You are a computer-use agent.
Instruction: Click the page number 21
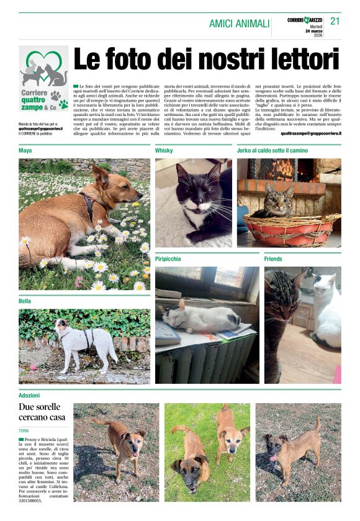point(335,22)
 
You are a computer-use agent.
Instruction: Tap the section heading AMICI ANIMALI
point(239,24)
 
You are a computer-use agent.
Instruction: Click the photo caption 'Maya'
point(25,151)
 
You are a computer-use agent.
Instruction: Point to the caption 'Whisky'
point(164,151)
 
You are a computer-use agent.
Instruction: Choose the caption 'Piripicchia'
point(168,259)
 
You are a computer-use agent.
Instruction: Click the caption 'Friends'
point(273,259)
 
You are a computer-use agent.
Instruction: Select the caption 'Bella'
point(25,301)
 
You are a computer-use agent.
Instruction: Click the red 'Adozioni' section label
point(30,395)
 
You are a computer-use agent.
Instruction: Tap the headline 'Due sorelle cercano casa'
point(42,412)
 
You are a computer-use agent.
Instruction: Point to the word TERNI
point(25,430)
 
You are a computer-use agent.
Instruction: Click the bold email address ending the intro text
point(310,132)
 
